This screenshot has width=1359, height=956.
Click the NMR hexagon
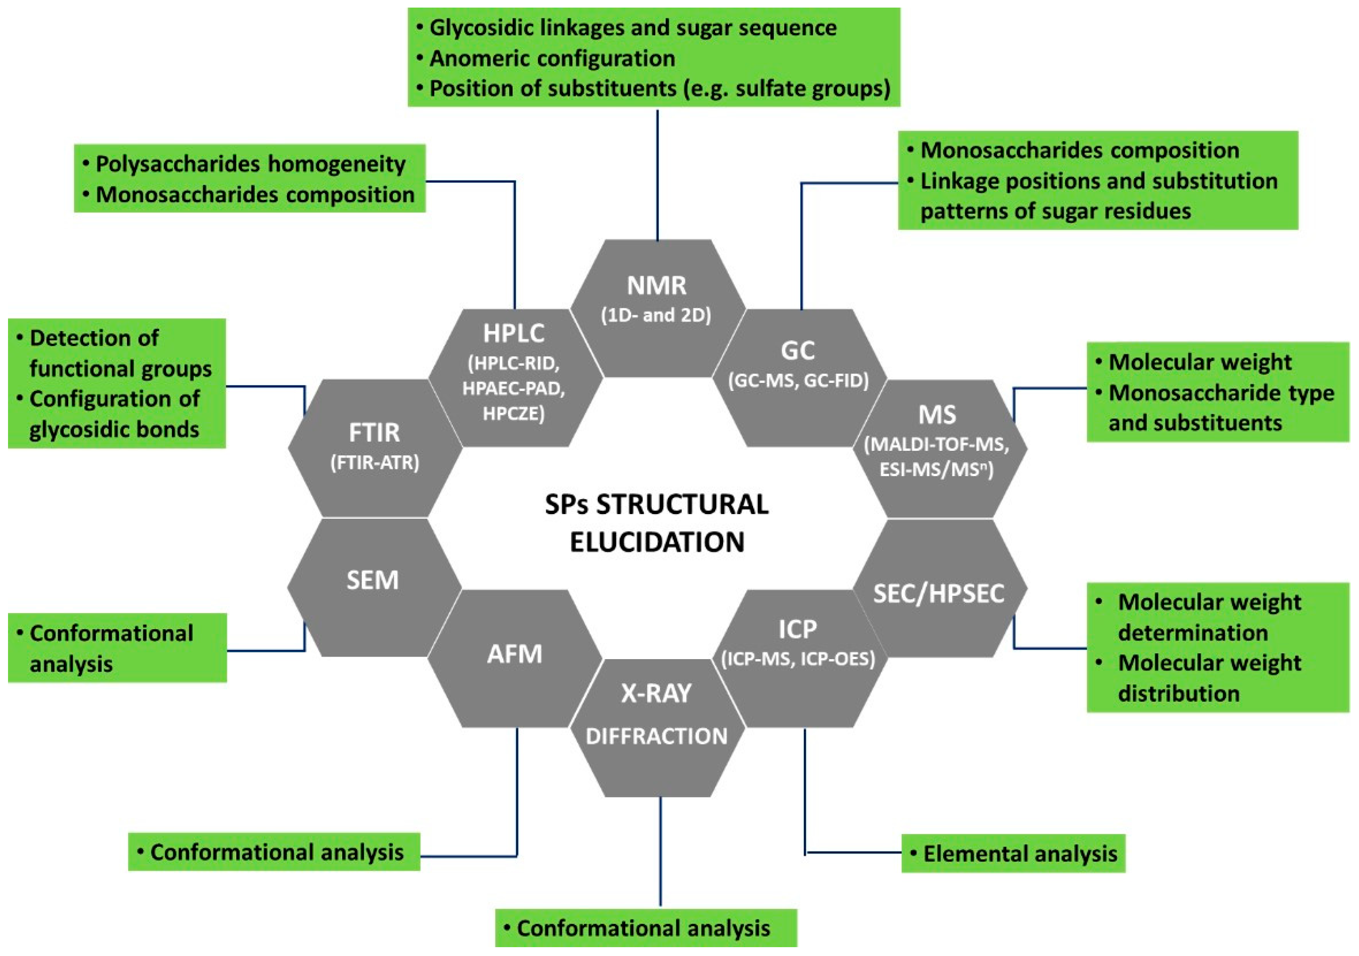pos(657,307)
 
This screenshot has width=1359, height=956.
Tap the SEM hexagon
pos(373,586)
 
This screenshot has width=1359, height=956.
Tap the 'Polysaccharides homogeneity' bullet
pos(250,164)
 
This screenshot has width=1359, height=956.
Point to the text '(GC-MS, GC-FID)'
pos(798,380)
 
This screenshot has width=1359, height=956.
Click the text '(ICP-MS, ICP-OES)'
pos(798,658)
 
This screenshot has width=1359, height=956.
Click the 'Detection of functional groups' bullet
pos(120,353)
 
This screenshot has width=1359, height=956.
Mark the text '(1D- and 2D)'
pos(657,315)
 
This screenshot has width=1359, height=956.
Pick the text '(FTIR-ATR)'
pos(375,462)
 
